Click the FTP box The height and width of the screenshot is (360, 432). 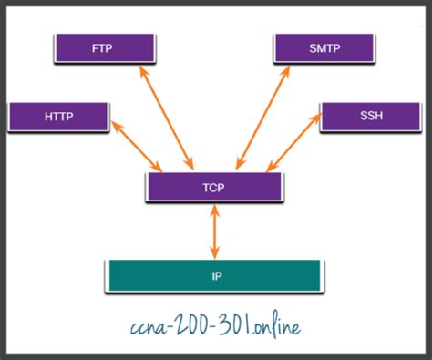[105, 48]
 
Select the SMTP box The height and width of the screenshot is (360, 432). [324, 48]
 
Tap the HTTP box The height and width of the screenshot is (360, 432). [58, 117]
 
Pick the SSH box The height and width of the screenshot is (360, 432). [371, 117]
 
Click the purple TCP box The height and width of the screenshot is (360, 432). [214, 187]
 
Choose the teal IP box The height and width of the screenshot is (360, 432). [214, 276]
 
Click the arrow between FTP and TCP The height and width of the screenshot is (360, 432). [167, 118]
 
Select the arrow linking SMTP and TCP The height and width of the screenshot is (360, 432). [262, 118]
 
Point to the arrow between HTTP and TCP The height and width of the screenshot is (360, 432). [137, 147]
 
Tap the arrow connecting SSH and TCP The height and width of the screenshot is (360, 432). [293, 142]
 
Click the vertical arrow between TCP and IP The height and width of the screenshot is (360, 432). [215, 231]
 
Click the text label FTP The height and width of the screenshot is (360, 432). [102, 48]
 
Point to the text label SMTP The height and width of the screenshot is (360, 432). [324, 48]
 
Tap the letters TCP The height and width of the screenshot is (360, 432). [213, 188]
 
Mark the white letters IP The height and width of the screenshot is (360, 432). [216, 276]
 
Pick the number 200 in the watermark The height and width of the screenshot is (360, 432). [188, 326]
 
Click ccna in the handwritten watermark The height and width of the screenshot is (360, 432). [147, 329]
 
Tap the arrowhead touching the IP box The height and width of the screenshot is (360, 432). [215, 253]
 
